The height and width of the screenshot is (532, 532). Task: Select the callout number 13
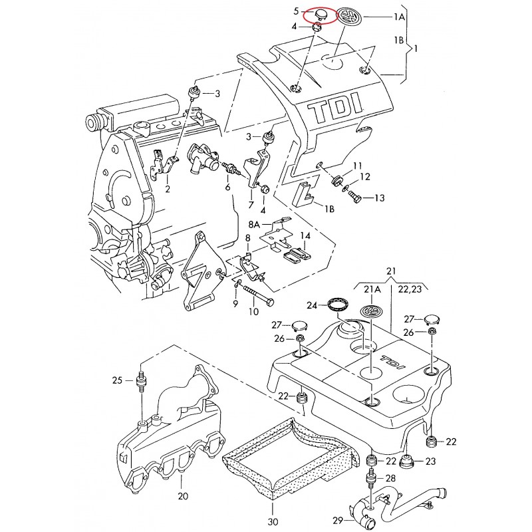[379, 198]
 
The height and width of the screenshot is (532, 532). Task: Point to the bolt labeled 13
[354, 198]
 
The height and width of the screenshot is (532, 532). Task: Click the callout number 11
[358, 166]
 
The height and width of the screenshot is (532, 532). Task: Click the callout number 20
[184, 496]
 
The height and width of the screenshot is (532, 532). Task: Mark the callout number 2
[167, 189]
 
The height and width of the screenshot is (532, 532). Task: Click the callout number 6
[227, 189]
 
